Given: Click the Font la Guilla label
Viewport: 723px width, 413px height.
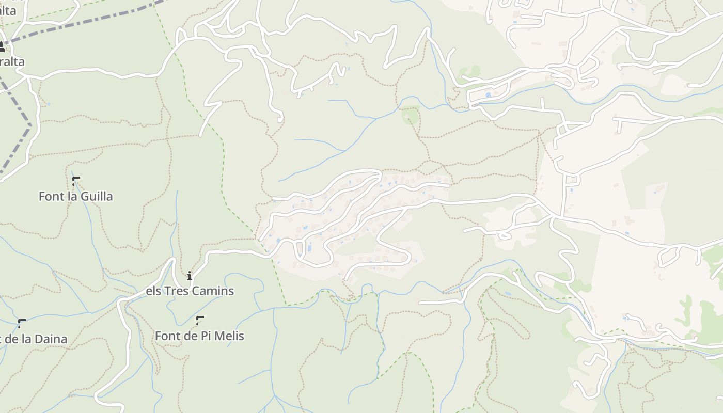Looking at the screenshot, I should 75,196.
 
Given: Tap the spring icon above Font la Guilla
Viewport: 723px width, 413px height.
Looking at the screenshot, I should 76,181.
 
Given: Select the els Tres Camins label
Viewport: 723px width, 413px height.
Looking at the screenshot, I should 190,291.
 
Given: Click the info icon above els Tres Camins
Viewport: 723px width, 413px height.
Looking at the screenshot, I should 190,276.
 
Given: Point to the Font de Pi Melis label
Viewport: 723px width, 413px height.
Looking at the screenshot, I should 199,336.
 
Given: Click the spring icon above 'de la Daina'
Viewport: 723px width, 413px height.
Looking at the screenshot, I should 22,323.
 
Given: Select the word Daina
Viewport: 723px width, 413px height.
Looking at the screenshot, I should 51,339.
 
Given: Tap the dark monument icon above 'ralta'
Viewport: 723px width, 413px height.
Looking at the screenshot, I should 2,47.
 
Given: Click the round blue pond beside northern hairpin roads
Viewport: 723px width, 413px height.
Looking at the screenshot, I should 488,95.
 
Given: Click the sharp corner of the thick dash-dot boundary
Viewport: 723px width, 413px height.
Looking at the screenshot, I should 30,124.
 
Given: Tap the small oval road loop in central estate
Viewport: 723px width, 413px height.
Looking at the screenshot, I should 505,236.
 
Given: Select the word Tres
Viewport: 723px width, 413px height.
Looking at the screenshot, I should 176,291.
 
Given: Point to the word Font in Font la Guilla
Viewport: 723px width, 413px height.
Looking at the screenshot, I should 51,196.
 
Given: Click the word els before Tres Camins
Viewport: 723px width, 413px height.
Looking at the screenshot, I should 153,291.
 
